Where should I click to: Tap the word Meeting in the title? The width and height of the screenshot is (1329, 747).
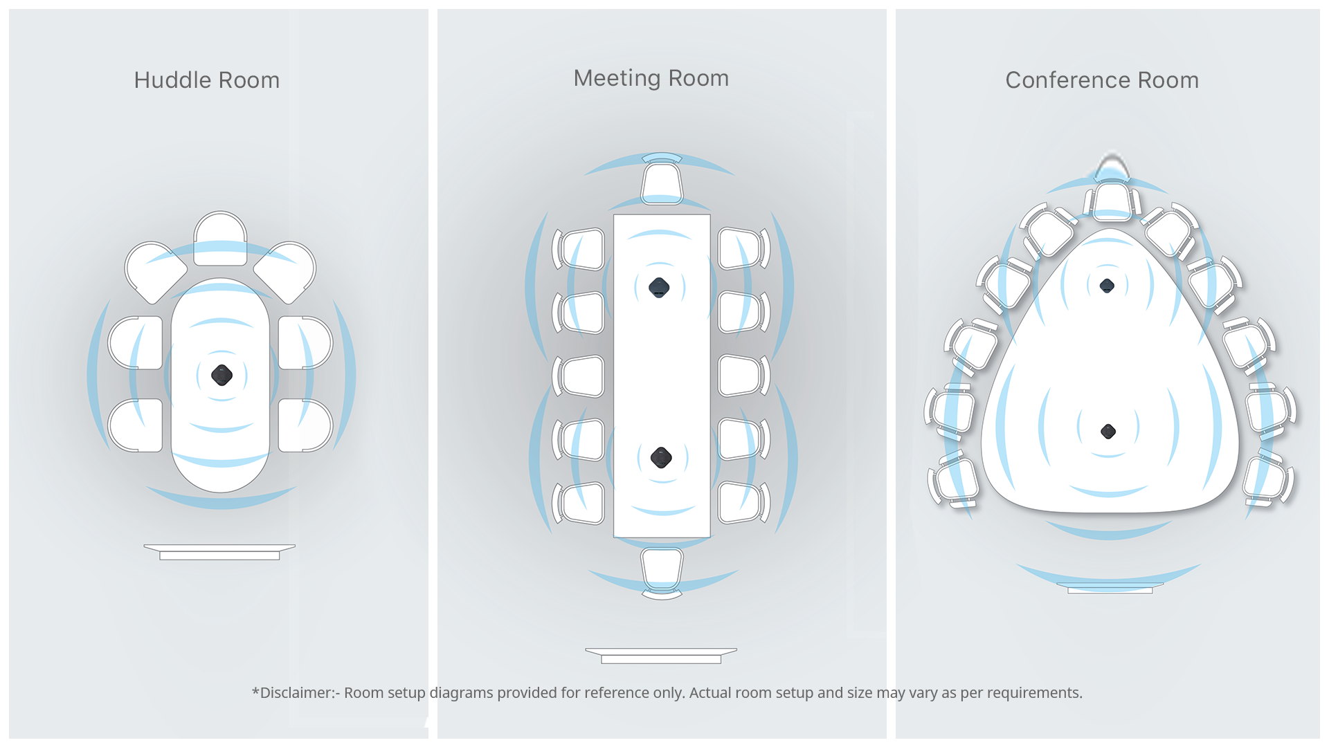tap(617, 78)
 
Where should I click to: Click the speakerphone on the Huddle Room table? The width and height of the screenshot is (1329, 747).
tap(221, 375)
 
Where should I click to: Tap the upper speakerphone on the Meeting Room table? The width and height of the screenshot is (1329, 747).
tap(659, 287)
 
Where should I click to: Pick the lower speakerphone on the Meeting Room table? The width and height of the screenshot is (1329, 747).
tap(661, 457)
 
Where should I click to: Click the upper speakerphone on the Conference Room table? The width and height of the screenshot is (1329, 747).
tap(1107, 285)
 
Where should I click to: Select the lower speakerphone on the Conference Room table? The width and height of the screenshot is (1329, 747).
tap(1108, 431)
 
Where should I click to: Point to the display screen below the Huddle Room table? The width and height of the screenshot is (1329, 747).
tap(219, 552)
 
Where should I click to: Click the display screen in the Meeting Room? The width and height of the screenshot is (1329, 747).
tap(661, 656)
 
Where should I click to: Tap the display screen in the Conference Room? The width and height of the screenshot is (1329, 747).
tap(1110, 589)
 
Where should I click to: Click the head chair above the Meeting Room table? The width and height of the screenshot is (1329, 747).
tap(662, 183)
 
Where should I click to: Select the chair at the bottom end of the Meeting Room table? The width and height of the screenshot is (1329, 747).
tap(662, 569)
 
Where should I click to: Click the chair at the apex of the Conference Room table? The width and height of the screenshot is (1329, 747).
tap(1112, 201)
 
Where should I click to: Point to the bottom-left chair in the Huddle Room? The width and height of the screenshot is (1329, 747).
tap(136, 425)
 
